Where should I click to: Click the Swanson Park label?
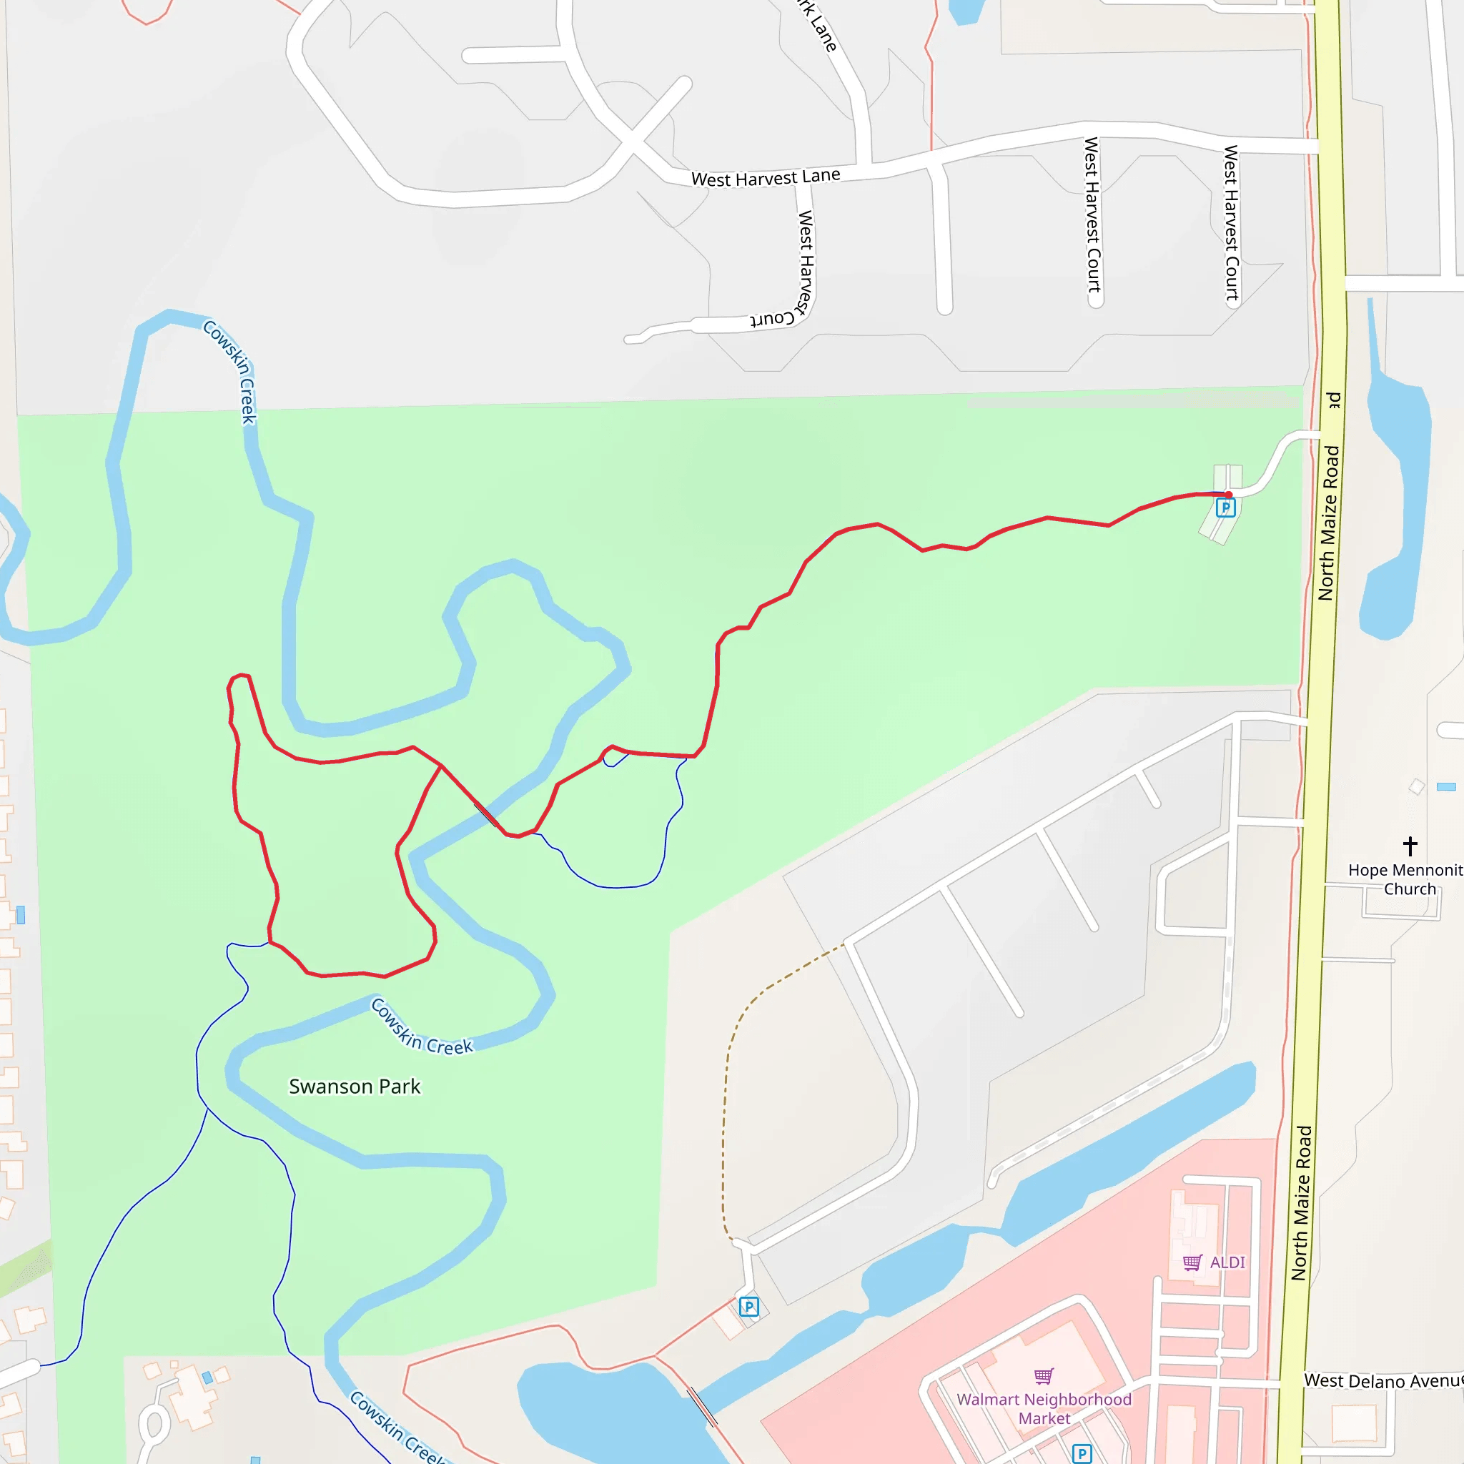coord(354,1087)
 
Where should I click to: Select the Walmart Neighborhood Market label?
coord(1044,1409)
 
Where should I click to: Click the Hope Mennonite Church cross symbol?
coord(1410,846)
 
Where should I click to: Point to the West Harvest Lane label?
coord(766,178)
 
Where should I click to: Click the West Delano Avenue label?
coord(1383,1380)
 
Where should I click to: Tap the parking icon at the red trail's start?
coord(1225,508)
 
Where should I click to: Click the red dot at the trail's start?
coord(1228,495)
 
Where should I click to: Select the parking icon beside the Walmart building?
coord(1082,1453)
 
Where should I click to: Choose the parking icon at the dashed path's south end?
coord(748,1307)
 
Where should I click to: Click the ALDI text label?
coord(1227,1262)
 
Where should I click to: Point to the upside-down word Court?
coord(772,318)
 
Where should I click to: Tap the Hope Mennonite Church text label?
coord(1405,879)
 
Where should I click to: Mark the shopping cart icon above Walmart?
coord(1044,1376)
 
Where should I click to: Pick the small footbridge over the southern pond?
coord(702,1407)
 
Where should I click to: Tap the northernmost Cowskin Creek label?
coord(231,371)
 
